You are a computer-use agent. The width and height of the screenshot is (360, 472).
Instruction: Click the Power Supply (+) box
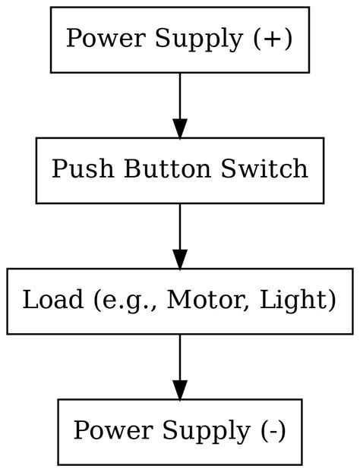point(179,39)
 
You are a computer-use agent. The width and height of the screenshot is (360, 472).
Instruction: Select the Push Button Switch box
point(179,170)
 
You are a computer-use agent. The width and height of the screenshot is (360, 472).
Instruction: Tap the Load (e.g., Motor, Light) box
point(179,301)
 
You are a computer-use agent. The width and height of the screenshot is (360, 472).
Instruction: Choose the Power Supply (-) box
point(179,431)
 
